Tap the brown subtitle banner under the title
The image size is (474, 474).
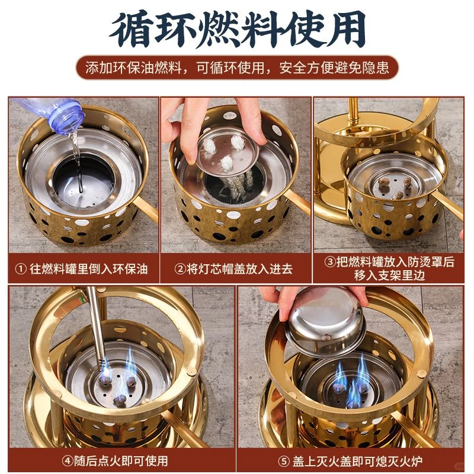[237, 68]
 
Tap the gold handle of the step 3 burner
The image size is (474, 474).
[450, 204]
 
